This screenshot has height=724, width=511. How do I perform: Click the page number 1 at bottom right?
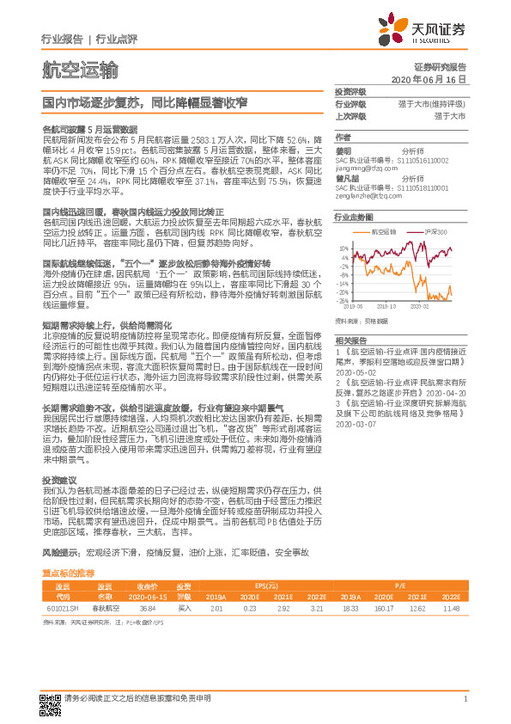pos(465,699)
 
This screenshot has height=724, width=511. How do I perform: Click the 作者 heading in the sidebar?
pos(343,138)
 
